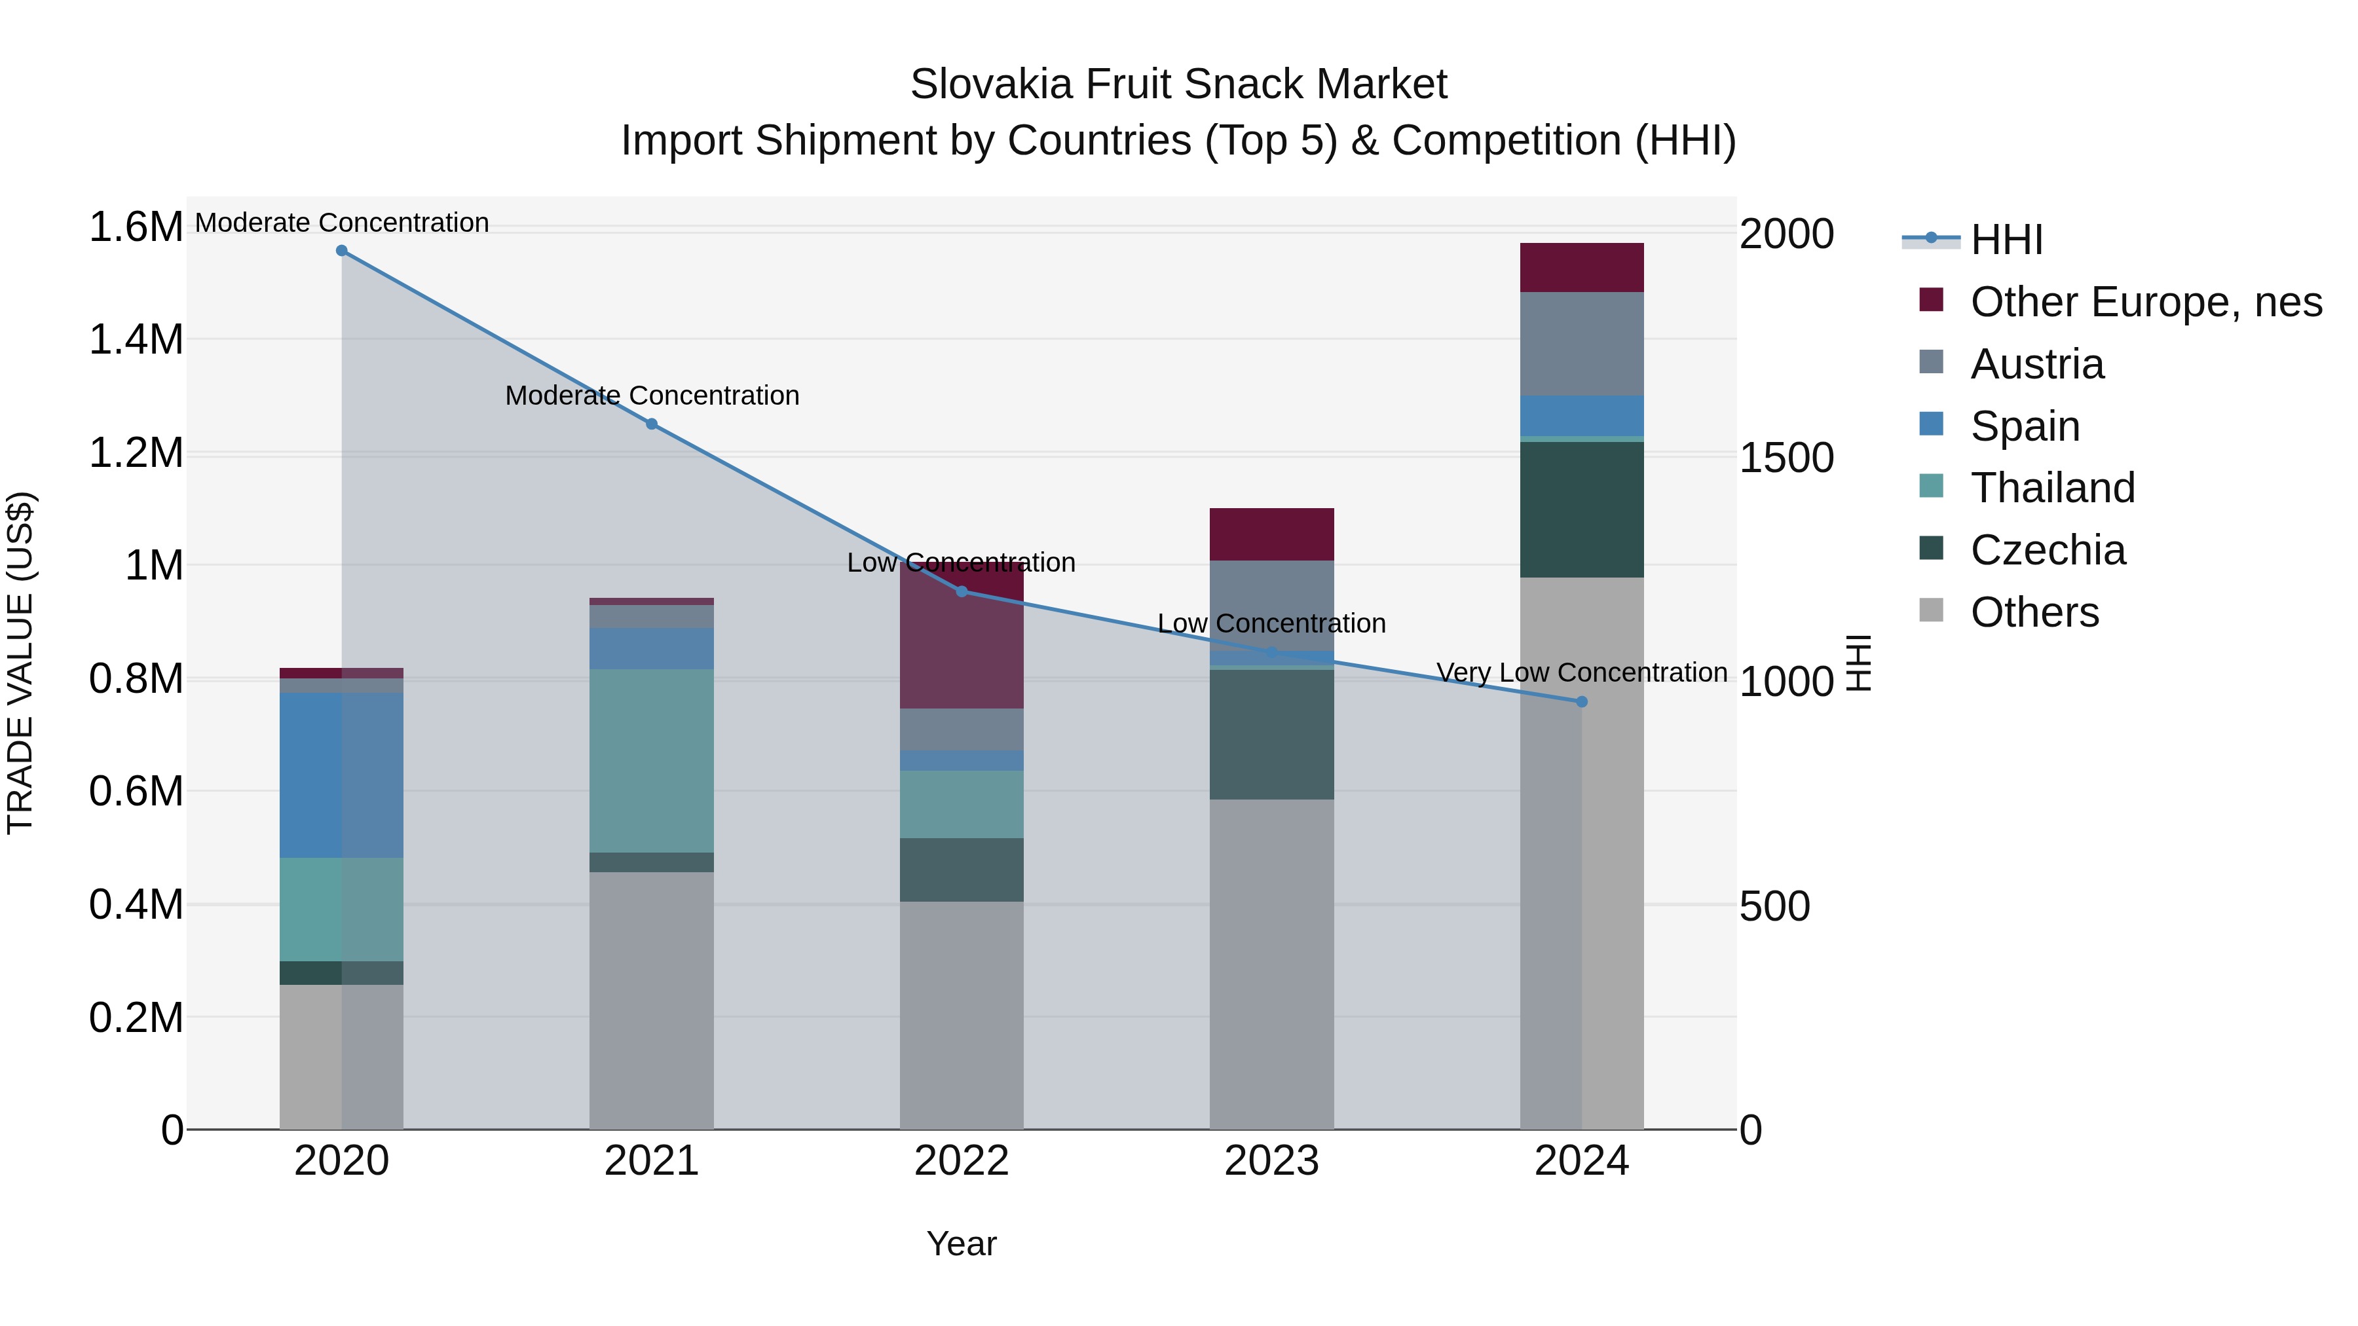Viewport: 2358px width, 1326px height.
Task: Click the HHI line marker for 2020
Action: click(x=341, y=250)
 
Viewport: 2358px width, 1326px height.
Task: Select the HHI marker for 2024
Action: click(x=1582, y=702)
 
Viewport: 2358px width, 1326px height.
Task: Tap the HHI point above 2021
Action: click(x=652, y=424)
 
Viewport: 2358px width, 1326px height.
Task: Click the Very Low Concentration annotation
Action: click(x=1582, y=672)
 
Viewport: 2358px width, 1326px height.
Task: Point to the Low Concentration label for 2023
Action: click(x=1271, y=623)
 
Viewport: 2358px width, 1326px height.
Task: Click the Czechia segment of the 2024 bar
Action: click(x=1582, y=509)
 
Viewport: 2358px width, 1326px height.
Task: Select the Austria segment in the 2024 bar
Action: click(x=1582, y=343)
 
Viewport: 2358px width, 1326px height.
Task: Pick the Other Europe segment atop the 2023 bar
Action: click(x=1271, y=534)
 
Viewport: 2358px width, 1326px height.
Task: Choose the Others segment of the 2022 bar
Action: click(x=961, y=1015)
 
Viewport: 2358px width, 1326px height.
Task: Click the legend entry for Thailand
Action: click(x=2051, y=488)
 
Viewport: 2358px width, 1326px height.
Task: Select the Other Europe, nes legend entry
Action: click(x=2146, y=302)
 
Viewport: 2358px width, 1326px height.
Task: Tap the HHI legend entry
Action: click(x=2006, y=240)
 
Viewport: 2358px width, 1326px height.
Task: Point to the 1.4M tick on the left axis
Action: click(x=136, y=339)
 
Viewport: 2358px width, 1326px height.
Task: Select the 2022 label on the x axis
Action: click(x=961, y=1161)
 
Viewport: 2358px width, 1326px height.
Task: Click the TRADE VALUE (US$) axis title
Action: click(x=20, y=663)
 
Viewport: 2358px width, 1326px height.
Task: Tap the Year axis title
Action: click(x=961, y=1243)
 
